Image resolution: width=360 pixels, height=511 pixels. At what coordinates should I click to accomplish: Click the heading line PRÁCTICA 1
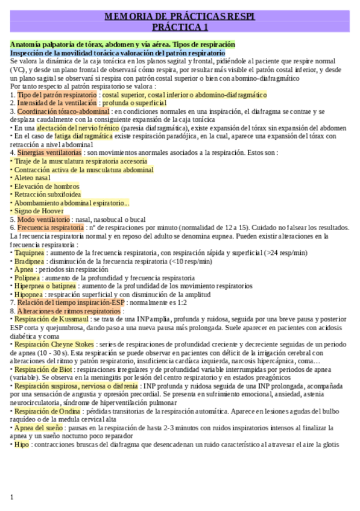(x=180, y=27)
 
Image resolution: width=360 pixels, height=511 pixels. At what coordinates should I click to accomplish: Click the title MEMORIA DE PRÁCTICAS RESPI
(x=180, y=17)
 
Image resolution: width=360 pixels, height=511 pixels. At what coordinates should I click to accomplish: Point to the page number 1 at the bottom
(x=12, y=497)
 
